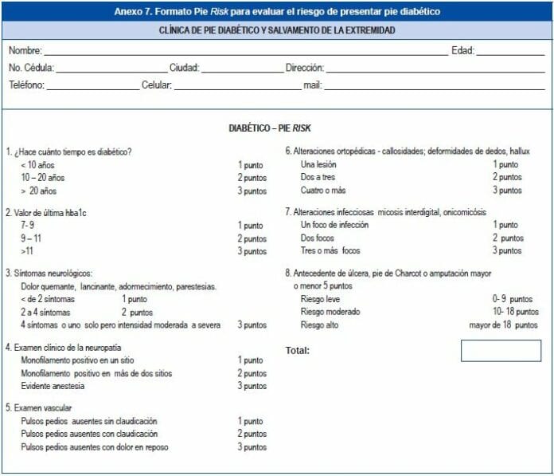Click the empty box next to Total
[x=501, y=351]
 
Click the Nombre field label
[x=25, y=51]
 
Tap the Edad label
[x=462, y=51]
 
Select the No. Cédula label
[x=31, y=69]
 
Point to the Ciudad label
[x=184, y=69]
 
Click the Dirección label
[x=304, y=69]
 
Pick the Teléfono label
[x=26, y=85]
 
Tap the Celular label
[x=157, y=85]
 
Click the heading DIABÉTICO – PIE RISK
[x=275, y=128]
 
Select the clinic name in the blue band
[x=278, y=30]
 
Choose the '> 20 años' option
[x=39, y=191]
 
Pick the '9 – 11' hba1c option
[x=33, y=238]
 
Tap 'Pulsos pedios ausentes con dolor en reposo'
[x=95, y=447]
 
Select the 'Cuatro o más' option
[x=323, y=191]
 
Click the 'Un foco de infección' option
[x=334, y=226]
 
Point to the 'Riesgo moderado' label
[x=330, y=312]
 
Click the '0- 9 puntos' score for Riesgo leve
[x=513, y=299]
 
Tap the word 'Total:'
[x=298, y=350]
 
